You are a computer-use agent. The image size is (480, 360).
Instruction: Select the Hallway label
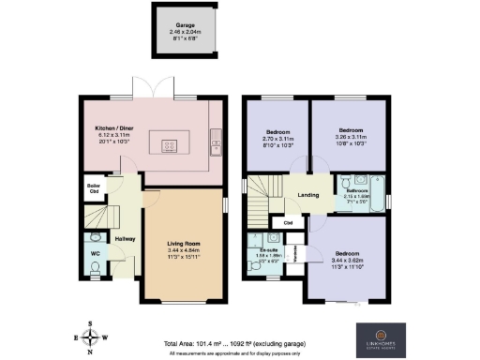126,238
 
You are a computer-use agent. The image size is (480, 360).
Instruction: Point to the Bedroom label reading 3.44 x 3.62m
346,253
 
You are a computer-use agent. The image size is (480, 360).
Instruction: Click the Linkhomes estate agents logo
381,337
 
